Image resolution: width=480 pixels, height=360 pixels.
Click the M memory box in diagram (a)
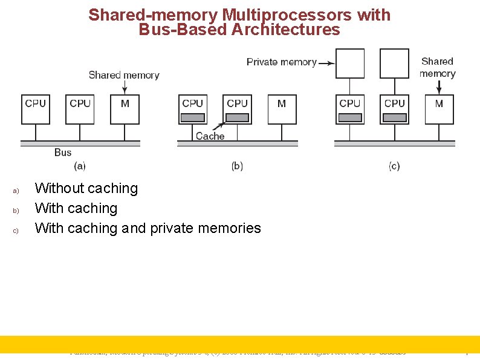[x=125, y=109]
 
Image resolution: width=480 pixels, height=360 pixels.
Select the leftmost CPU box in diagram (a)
[x=35, y=109]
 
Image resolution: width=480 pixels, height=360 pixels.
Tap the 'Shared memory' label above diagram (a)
[x=124, y=75]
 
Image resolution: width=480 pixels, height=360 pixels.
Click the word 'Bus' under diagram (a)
[x=63, y=152]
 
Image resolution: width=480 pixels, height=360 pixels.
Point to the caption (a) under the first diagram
[x=80, y=165]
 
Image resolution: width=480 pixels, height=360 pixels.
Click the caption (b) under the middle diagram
[x=237, y=165]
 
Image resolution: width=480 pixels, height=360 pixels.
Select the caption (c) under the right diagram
[x=394, y=165]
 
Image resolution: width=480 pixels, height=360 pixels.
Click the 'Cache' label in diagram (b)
[x=210, y=136]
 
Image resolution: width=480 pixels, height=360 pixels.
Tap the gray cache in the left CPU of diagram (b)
[x=192, y=117]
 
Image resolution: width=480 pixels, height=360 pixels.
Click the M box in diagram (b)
[x=282, y=109]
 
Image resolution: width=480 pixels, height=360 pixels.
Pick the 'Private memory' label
[x=281, y=62]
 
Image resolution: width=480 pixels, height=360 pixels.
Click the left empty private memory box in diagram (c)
[x=350, y=64]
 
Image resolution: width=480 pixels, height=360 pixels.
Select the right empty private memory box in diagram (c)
[x=394, y=64]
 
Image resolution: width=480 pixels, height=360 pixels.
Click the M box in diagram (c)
[x=439, y=109]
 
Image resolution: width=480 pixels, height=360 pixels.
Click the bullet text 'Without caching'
[x=86, y=188]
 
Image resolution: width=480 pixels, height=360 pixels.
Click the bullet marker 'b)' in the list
[x=16, y=211]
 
